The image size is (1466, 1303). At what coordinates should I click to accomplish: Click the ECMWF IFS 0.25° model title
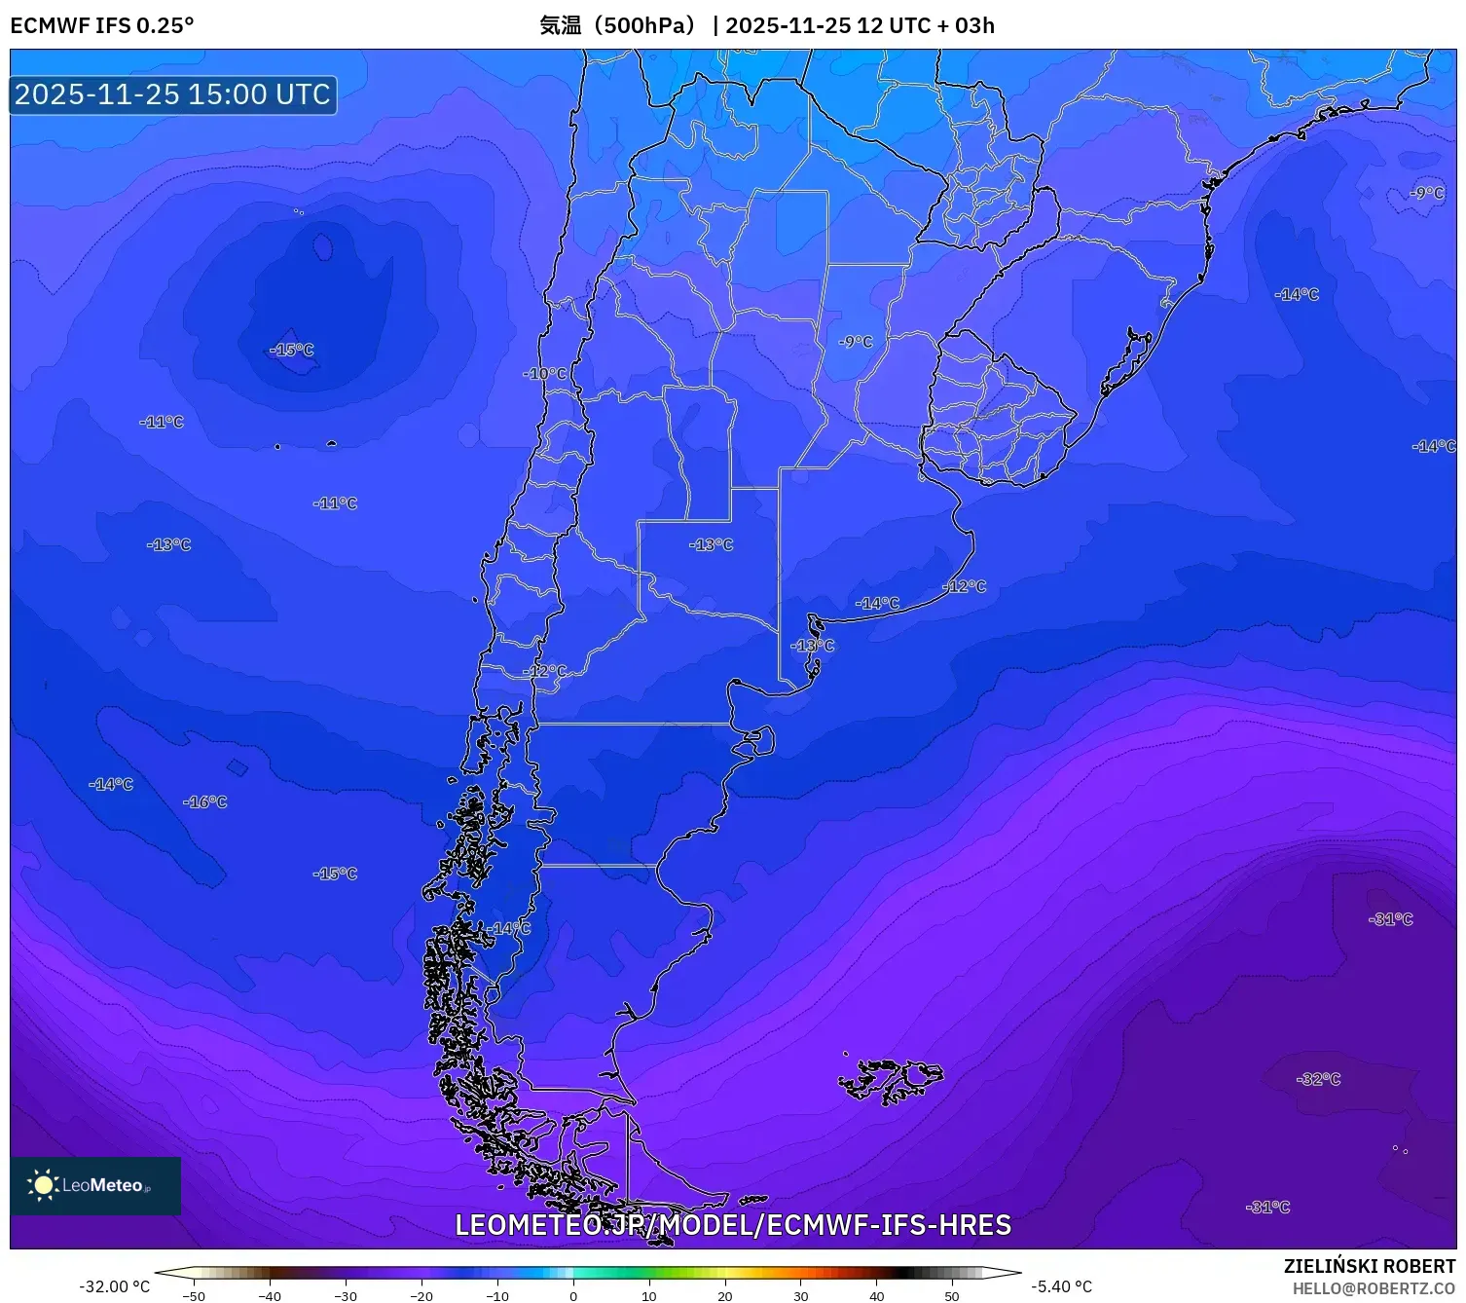(x=102, y=25)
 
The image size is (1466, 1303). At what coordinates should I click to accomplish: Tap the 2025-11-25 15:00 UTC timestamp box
(x=173, y=94)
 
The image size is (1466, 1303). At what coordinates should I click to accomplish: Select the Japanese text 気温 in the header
(x=561, y=25)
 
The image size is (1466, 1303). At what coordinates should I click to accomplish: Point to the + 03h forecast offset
(x=966, y=25)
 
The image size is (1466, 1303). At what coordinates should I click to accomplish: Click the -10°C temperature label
(x=544, y=373)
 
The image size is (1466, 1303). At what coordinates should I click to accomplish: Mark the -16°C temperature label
(x=204, y=801)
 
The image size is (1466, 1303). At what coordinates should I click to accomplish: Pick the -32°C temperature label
(x=1318, y=1079)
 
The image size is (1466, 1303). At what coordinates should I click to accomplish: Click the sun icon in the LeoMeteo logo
(x=43, y=1184)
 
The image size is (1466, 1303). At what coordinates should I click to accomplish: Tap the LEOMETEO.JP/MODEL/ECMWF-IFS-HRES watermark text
(x=733, y=1225)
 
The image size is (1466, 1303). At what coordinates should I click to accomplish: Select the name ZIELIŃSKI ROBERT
(x=1369, y=1266)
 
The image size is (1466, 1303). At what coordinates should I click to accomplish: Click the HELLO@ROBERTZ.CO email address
(x=1374, y=1288)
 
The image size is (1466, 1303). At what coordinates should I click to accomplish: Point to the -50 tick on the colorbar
(x=194, y=1295)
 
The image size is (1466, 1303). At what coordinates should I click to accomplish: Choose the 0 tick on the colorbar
(x=573, y=1295)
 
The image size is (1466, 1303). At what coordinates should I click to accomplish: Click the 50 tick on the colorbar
(x=952, y=1295)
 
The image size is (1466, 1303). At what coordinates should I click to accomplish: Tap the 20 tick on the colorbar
(x=725, y=1295)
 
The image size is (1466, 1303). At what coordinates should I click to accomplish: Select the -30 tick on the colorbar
(x=346, y=1295)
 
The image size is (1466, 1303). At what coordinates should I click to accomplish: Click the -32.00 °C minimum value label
(x=115, y=1286)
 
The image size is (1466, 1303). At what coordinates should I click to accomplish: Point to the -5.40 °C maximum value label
(x=1061, y=1286)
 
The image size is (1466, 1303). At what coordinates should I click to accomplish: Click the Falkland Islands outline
(x=891, y=1080)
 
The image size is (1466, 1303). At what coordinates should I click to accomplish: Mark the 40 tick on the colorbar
(x=876, y=1295)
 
